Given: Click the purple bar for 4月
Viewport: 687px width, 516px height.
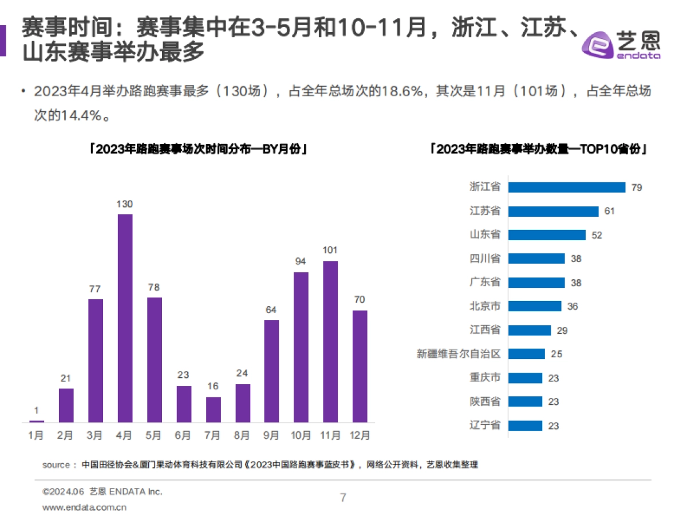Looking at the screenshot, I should click(x=125, y=318).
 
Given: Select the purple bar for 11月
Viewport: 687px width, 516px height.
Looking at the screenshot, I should click(x=330, y=342).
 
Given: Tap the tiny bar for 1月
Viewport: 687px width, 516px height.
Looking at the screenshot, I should click(x=37, y=421).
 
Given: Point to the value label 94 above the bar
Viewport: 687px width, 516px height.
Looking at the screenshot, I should click(x=301, y=261).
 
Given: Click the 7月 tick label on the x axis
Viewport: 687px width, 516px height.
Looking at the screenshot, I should click(x=213, y=436).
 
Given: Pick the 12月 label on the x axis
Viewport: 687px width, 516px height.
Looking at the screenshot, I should click(x=360, y=436).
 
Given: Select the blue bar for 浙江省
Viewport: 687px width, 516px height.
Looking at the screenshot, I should click(x=566, y=187).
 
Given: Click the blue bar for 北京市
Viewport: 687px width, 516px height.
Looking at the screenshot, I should click(x=535, y=306).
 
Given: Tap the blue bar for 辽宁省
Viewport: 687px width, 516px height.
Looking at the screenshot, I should click(x=525, y=425).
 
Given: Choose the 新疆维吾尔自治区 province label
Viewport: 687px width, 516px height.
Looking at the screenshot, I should click(x=459, y=354).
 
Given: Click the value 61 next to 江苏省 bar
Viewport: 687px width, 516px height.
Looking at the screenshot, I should click(x=609, y=211).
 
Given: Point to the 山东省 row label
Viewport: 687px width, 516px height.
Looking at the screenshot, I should click(x=484, y=234).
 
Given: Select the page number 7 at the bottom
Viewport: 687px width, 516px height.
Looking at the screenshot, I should click(x=343, y=497).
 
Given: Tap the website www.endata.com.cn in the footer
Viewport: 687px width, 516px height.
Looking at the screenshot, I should click(x=85, y=507).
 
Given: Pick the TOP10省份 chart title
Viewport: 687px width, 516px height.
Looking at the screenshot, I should click(x=539, y=150).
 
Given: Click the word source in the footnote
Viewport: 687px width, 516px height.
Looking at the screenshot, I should click(x=56, y=464).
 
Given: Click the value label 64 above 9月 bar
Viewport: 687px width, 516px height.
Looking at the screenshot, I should click(x=271, y=310).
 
